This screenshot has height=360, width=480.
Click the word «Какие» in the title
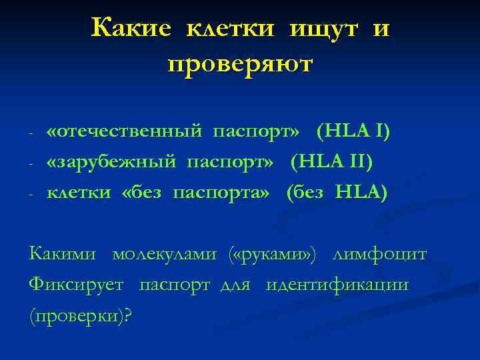132,28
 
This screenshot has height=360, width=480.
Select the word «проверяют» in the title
240,64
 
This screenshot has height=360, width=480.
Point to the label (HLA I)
353,131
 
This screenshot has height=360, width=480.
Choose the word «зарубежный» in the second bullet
111,161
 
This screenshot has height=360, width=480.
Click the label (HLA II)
331,161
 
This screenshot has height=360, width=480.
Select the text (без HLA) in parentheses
336,193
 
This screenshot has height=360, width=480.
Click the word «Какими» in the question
63,254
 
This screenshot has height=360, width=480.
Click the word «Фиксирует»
77,285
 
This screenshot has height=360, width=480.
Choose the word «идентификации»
337,285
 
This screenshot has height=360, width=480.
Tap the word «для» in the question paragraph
237,285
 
